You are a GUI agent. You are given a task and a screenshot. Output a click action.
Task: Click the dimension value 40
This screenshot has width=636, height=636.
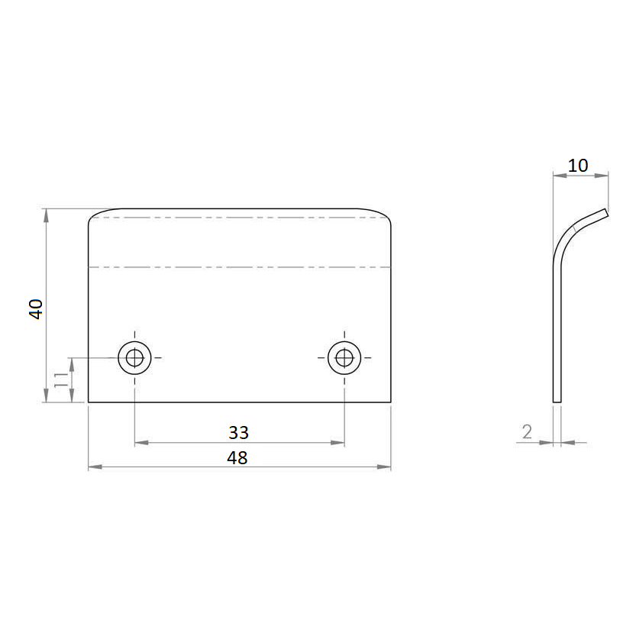pos(36,309)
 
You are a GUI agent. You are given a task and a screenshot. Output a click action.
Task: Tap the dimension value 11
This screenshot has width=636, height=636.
pos(61,379)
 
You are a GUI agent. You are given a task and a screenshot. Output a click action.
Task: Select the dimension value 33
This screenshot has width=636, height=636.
pos(238,432)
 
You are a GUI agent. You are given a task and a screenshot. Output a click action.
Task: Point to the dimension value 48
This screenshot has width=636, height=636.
pos(237,457)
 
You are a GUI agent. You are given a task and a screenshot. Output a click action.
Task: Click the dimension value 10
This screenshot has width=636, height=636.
pos(577,166)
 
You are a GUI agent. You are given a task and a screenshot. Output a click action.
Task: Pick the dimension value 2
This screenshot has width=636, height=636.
pos(527,432)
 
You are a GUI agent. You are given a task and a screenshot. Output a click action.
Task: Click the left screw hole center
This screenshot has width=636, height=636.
pos(134,358)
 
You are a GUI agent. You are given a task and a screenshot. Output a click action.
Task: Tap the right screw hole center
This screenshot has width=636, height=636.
pos(344,358)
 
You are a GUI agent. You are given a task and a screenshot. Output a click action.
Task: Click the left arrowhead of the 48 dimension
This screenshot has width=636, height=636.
pos(95,467)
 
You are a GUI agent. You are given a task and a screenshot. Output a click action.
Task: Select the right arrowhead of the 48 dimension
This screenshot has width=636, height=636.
pos(384,467)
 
